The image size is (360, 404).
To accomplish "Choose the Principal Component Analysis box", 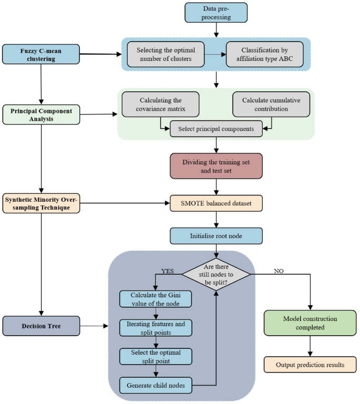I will tap(41, 115).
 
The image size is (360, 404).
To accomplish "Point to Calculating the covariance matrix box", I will tap(161, 104).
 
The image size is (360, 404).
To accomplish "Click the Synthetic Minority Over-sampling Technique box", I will tap(41, 203).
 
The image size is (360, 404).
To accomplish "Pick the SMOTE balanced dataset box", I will tap(216, 203).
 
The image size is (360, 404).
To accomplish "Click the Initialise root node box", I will tap(216, 236).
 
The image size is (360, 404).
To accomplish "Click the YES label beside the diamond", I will tap(167, 272).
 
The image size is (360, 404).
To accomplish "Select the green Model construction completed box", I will tap(311, 323).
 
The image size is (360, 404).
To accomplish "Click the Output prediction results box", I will tap(311, 365).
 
